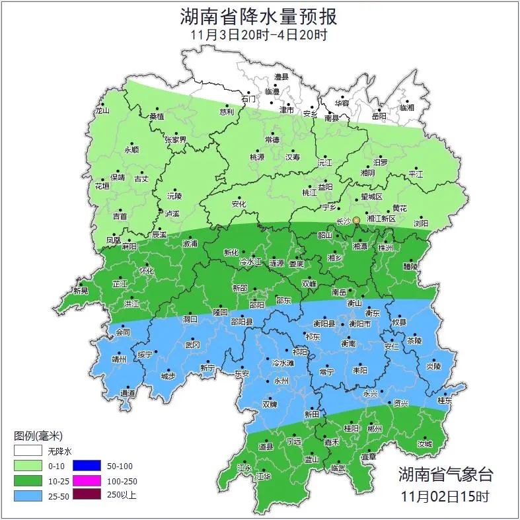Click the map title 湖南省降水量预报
(x=259, y=16)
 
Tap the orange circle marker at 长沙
(x=356, y=220)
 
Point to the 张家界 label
(x=176, y=140)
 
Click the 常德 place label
(x=272, y=140)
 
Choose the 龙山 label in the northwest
(x=102, y=111)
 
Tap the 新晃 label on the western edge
(x=81, y=291)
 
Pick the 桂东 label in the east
(x=445, y=400)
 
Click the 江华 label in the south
(x=264, y=476)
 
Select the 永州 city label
(x=281, y=382)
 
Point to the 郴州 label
(x=375, y=429)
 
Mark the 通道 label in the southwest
(x=128, y=394)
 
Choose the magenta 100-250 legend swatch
(x=86, y=480)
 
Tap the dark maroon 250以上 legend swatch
(x=86, y=494)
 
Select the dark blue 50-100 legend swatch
(x=86, y=466)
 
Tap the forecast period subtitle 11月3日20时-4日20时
(x=259, y=35)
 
